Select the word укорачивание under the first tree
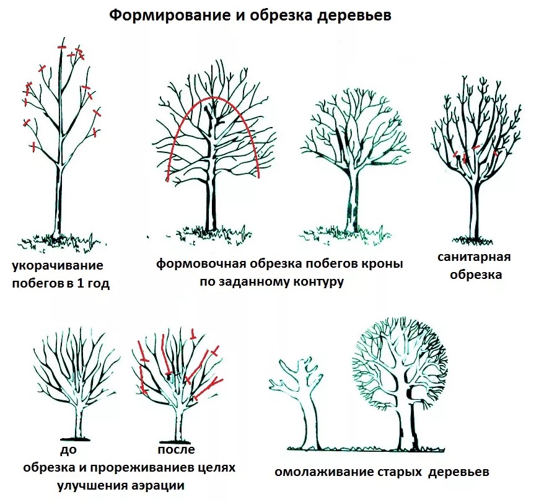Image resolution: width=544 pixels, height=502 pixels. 58,266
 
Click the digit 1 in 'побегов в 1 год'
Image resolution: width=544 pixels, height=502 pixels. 80,283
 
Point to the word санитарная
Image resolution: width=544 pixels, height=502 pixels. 474,257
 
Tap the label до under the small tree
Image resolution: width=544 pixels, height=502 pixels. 68,450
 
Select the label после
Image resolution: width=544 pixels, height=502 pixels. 176,449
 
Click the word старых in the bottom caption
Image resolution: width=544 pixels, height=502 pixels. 400,472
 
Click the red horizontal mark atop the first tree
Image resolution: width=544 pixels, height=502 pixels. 62,47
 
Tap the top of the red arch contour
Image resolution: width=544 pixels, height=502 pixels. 214,97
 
